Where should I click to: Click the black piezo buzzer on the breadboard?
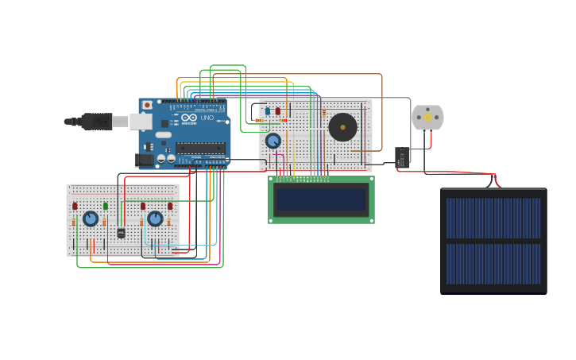pyautogui.click(x=342, y=126)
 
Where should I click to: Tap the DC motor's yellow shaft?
pyautogui.click(x=427, y=118)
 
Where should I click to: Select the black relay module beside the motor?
pyautogui.click(x=402, y=157)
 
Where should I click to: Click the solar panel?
pyautogui.click(x=493, y=240)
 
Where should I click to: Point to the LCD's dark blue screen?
pyautogui.click(x=321, y=199)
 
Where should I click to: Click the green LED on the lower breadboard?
pyautogui.click(x=105, y=206)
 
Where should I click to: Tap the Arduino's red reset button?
pyautogui.click(x=147, y=105)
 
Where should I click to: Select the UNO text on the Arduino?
pyautogui.click(x=207, y=118)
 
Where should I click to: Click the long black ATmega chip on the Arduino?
pyautogui.click(x=199, y=147)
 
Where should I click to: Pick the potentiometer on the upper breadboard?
pyautogui.click(x=273, y=141)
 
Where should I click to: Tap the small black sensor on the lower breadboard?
pyautogui.click(x=121, y=233)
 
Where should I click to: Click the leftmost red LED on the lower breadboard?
pyautogui.click(x=75, y=206)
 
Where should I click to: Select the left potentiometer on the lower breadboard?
pyautogui.click(x=91, y=218)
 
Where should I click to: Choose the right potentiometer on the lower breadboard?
pyautogui.click(x=155, y=218)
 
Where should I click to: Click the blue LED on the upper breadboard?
pyautogui.click(x=268, y=110)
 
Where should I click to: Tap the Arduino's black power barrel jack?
pyautogui.click(x=145, y=160)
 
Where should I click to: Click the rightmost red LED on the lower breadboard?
pyautogui.click(x=169, y=206)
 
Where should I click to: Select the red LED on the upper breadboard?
pyautogui.click(x=277, y=110)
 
